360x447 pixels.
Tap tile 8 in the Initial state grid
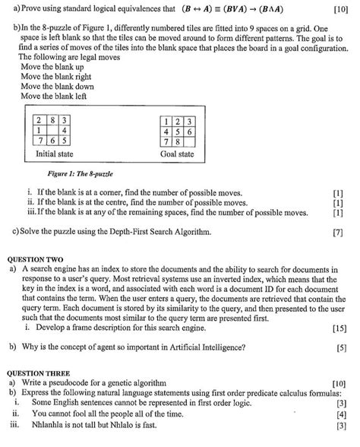click(52, 120)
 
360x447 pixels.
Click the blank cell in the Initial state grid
click(52, 130)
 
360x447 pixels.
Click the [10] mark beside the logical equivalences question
click(340, 9)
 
